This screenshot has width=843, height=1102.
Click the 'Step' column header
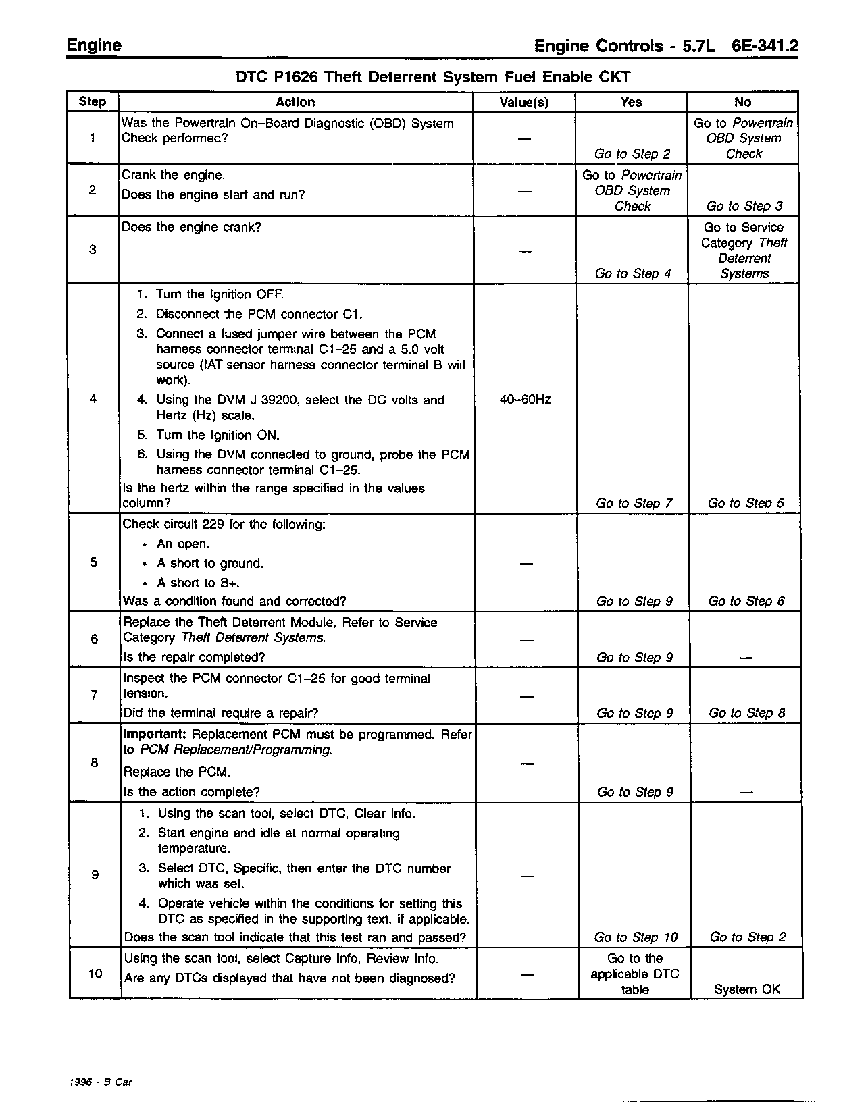(x=93, y=102)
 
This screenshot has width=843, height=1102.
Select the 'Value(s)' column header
(x=524, y=103)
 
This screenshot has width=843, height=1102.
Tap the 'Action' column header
(x=295, y=102)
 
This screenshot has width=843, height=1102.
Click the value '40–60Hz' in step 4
(x=525, y=400)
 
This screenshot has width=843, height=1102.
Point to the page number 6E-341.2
(x=764, y=46)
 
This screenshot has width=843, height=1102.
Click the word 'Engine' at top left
(x=94, y=45)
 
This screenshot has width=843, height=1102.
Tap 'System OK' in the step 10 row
(x=746, y=989)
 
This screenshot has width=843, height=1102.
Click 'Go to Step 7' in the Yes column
(x=634, y=503)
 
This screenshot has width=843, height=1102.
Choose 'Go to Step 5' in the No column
(x=746, y=503)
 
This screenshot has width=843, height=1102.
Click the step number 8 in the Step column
(x=95, y=762)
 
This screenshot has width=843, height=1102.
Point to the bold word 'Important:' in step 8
(x=155, y=734)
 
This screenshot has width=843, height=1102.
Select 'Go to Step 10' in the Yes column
(x=636, y=937)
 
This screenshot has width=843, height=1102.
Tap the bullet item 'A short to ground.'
(x=210, y=563)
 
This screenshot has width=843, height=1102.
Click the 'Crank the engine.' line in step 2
(x=173, y=176)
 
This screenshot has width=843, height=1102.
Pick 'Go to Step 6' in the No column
(x=746, y=601)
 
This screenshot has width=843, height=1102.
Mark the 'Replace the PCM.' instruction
(x=177, y=772)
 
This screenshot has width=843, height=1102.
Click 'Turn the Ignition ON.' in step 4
(x=218, y=435)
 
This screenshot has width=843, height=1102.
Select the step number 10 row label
(x=95, y=973)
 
